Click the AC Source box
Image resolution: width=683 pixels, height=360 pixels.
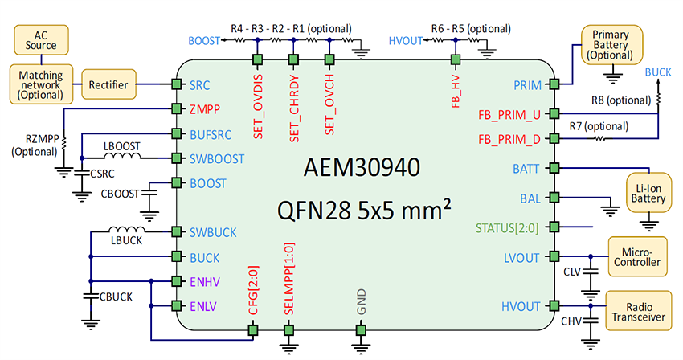(x=40, y=39)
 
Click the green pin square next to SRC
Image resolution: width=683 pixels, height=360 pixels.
(x=174, y=84)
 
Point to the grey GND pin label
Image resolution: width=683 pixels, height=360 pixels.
(x=361, y=304)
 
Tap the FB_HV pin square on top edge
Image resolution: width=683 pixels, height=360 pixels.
(x=455, y=59)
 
